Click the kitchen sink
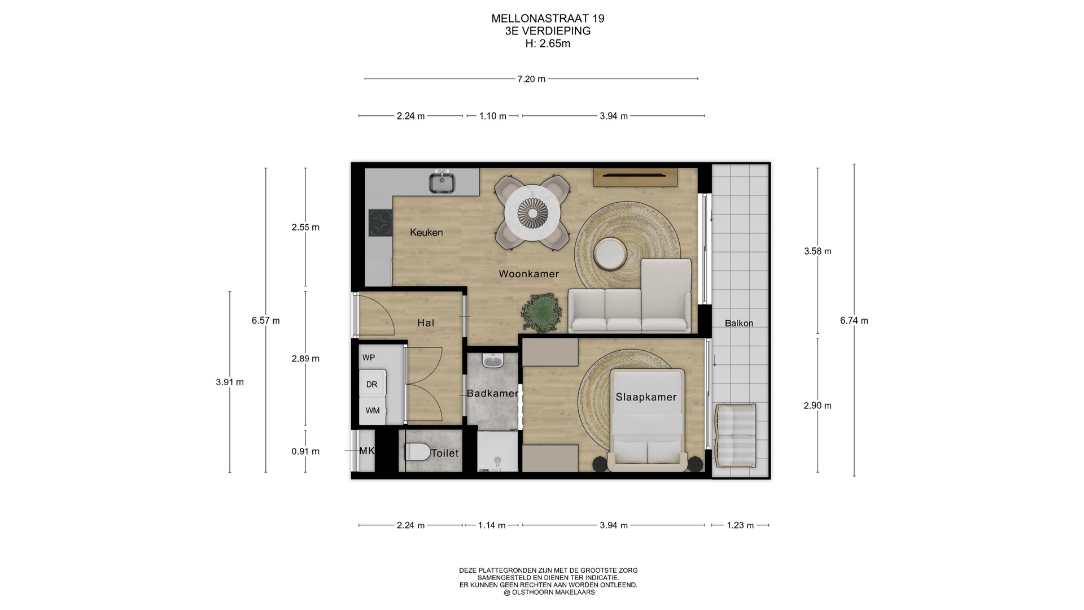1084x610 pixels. (442, 182)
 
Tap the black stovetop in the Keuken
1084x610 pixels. (380, 223)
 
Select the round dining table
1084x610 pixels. (532, 213)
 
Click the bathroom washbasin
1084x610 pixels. (493, 360)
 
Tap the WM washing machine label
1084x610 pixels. (373, 411)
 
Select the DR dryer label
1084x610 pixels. (371, 385)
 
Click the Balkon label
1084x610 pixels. (739, 323)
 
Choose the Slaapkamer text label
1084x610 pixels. (646, 397)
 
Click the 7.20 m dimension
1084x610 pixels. (531, 79)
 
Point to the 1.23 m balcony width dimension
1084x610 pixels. (740, 525)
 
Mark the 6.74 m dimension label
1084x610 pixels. (854, 320)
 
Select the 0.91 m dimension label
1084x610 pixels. (305, 451)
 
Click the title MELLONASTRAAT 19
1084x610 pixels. (548, 19)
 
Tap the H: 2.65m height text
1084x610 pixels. (548, 43)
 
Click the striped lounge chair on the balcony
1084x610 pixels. (735, 435)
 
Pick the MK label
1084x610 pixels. (367, 451)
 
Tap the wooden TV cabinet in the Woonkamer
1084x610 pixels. (635, 177)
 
